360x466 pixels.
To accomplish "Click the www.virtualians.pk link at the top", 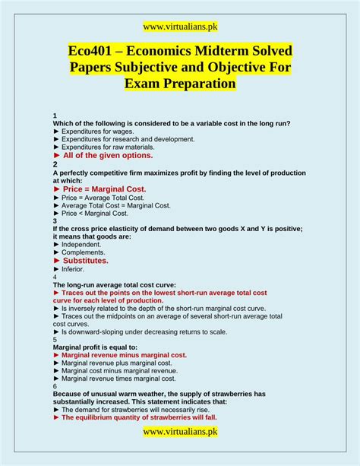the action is [x=180, y=27].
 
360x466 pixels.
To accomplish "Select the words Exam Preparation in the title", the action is [x=180, y=84].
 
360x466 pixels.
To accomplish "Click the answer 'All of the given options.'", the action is [x=108, y=155].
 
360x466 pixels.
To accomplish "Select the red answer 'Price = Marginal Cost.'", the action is [x=104, y=189].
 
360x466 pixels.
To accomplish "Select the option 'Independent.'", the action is [x=81, y=244].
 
